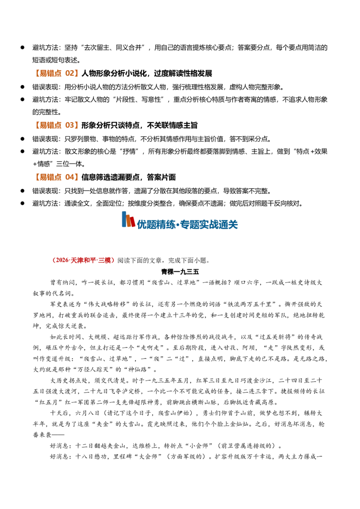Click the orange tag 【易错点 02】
coord(55,73)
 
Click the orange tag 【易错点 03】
coord(55,125)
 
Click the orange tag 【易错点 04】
coord(55,177)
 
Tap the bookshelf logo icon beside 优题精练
coord(128,219)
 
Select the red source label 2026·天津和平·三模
coord(84,260)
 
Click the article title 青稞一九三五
coord(180,272)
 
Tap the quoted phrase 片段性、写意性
coord(141,100)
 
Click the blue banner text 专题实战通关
coord(209,224)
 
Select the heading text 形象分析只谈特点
coord(110,125)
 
